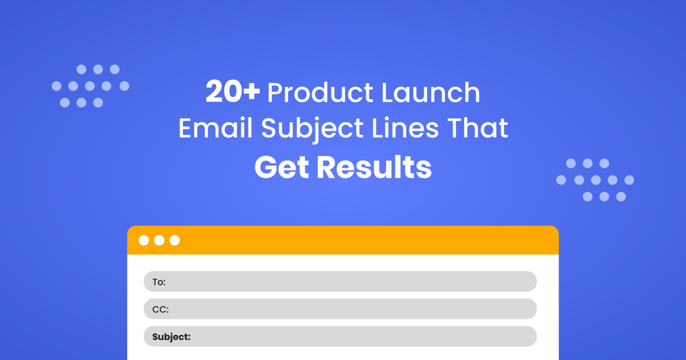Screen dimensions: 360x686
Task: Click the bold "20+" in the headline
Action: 232,92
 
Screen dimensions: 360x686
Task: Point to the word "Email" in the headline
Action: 216,128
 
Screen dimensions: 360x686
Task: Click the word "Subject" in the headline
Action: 312,129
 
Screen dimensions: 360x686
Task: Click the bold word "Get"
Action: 281,167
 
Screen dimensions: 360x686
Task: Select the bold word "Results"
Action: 374,167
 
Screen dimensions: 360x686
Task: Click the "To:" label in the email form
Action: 159,282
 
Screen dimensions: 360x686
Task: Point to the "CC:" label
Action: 160,310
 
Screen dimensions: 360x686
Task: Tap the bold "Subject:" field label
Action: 171,337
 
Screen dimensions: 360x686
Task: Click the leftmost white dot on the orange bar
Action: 144,240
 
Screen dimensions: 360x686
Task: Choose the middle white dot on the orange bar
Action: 159,240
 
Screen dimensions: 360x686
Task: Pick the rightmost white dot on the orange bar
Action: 175,240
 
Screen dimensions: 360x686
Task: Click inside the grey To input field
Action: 351,282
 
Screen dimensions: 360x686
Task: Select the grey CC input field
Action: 351,309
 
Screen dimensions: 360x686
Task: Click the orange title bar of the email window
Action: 360,240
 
